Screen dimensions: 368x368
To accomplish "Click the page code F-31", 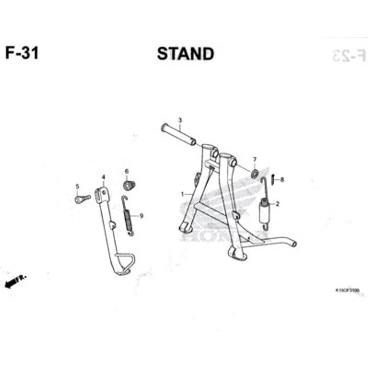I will (22, 53).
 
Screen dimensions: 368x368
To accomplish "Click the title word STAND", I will (185, 53).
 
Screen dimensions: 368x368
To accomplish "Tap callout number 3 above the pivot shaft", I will (180, 120).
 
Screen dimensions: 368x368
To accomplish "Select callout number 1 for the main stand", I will (183, 194).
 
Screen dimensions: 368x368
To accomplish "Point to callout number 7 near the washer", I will (254, 159).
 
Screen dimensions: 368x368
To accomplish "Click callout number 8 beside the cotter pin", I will (282, 180).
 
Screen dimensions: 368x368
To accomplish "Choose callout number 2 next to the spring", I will (277, 204).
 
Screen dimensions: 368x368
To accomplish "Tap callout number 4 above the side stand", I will (103, 177).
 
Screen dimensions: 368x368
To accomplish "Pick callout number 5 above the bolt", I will (77, 186).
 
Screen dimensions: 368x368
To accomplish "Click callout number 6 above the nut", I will (126, 171).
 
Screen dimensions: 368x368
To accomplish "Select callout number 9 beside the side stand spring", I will (141, 215).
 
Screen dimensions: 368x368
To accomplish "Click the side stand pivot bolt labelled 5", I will (82, 199).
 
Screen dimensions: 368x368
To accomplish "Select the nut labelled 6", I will (129, 185).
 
